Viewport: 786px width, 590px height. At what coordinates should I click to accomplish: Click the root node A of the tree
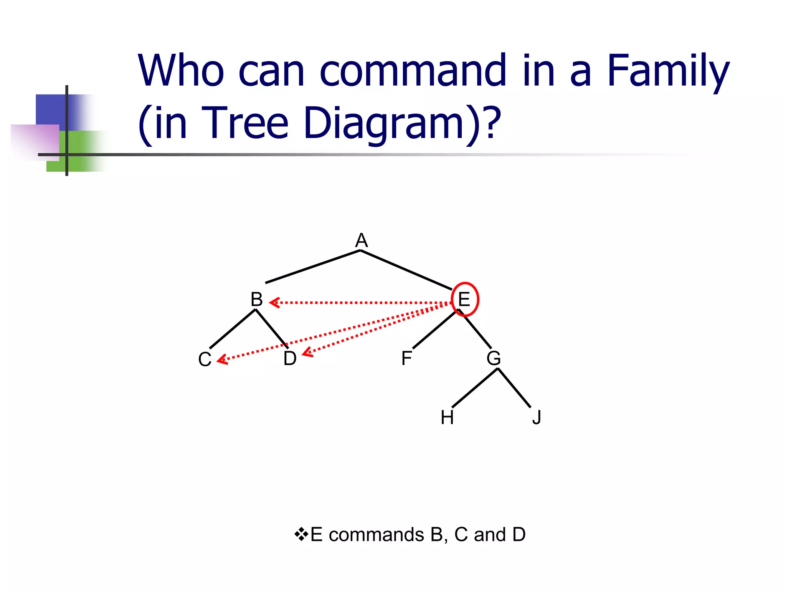pyautogui.click(x=361, y=240)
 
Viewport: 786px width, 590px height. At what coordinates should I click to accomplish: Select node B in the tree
pyautogui.click(x=256, y=299)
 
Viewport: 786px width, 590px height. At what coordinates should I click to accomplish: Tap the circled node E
pyautogui.click(x=464, y=299)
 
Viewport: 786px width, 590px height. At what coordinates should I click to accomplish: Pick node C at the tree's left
pyautogui.click(x=205, y=360)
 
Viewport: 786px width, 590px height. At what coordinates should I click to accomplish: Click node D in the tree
pyautogui.click(x=290, y=358)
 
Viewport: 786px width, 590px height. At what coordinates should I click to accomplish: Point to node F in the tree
pyautogui.click(x=406, y=358)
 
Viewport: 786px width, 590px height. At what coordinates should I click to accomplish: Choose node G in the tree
pyautogui.click(x=494, y=358)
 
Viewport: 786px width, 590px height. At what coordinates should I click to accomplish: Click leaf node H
pyautogui.click(x=447, y=418)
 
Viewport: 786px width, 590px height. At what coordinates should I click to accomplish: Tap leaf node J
pyautogui.click(x=537, y=418)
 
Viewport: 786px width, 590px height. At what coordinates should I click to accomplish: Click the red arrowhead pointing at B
pyautogui.click(x=274, y=303)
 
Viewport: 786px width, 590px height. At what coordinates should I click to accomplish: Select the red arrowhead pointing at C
pyautogui.click(x=222, y=360)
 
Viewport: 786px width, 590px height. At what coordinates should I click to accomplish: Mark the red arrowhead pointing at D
pyautogui.click(x=307, y=353)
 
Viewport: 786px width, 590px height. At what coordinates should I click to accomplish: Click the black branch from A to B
pyautogui.click(x=313, y=267)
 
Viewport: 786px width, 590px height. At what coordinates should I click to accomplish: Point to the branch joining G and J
pyautogui.click(x=514, y=388)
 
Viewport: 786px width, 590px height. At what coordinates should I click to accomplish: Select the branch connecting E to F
pyautogui.click(x=434, y=329)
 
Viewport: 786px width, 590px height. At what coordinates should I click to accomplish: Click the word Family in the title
pyautogui.click(x=668, y=71)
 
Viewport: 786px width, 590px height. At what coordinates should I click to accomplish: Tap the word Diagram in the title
pyautogui.click(x=384, y=123)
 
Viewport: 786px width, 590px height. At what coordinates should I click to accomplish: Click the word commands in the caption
pyautogui.click(x=376, y=534)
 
